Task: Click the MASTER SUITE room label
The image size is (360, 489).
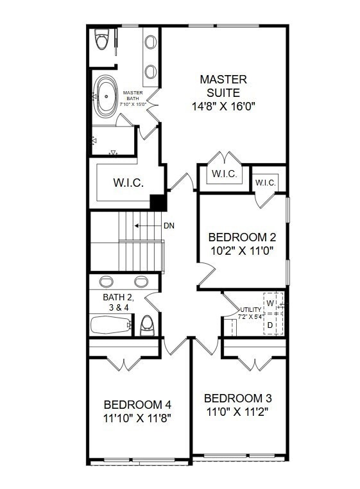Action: pos(223,86)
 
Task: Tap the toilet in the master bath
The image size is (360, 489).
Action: pos(101,40)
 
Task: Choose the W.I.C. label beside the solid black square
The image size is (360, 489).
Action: pos(128,183)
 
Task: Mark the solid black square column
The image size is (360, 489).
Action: pos(158,202)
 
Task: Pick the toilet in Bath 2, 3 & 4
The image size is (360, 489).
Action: pos(147,324)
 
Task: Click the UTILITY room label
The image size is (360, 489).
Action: pos(250,309)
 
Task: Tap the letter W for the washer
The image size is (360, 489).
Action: pos(271,303)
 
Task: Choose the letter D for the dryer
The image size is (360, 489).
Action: pos(271,325)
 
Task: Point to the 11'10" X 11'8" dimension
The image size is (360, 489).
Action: pos(137,418)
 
